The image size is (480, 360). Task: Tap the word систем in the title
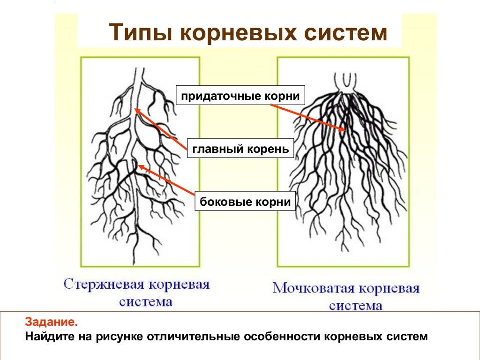(346, 33)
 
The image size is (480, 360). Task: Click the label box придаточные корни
(240, 96)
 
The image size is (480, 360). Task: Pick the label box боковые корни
(245, 202)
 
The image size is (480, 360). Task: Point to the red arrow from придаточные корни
(308, 118)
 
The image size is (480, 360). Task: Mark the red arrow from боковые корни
(166, 179)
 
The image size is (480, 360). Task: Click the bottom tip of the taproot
(136, 262)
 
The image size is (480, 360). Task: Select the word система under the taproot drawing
(146, 301)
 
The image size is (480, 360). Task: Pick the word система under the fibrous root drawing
(355, 306)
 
